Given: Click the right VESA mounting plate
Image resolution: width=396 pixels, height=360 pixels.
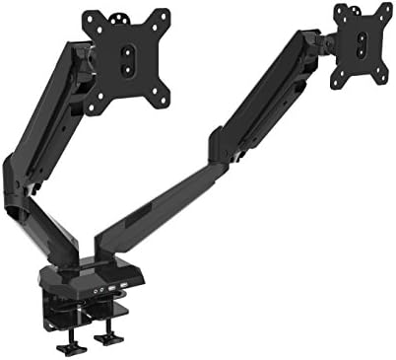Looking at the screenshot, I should (363, 40).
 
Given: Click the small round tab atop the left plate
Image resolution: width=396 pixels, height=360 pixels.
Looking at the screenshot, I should (123, 15).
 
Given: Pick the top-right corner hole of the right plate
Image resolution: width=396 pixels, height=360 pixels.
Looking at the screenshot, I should (387, 13).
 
